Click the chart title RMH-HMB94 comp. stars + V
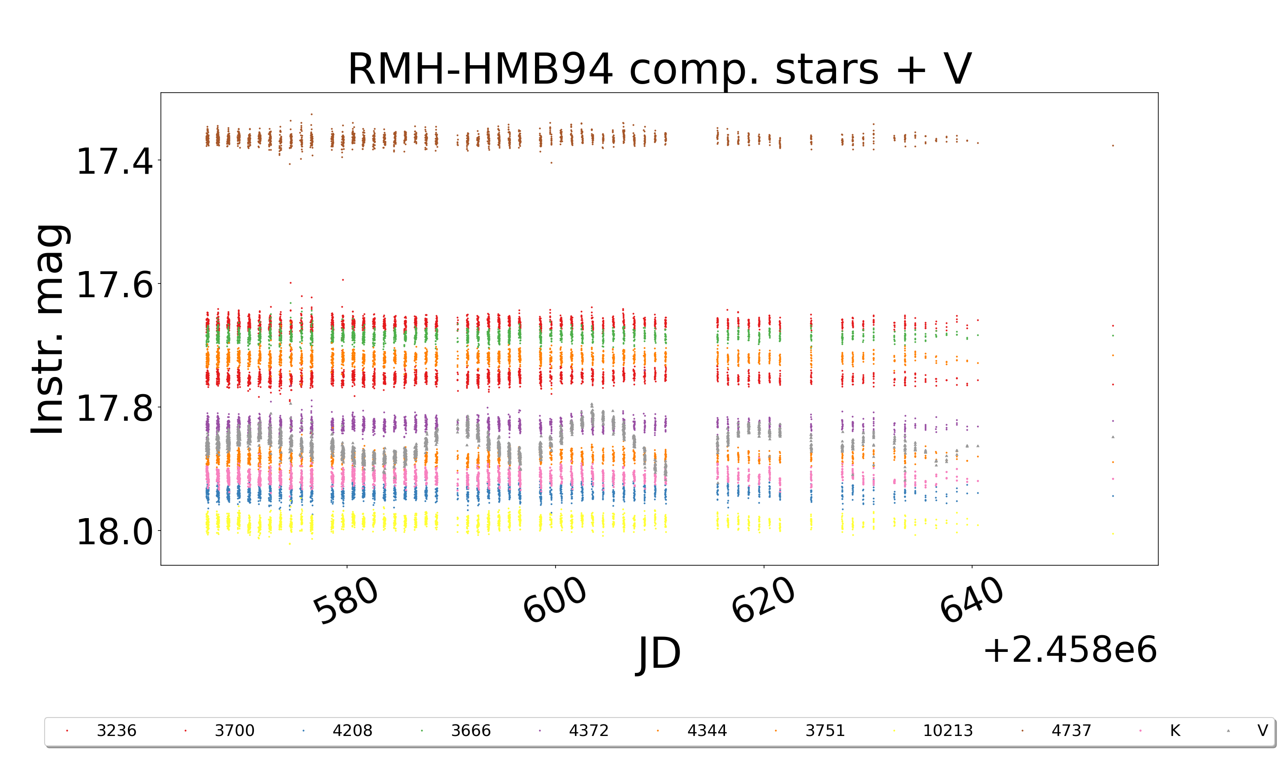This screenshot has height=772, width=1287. (x=659, y=69)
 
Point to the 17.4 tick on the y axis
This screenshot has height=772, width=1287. (x=115, y=161)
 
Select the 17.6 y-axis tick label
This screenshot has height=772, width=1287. (x=115, y=284)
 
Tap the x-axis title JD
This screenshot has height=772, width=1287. (x=659, y=653)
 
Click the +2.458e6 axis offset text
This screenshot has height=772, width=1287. (x=1069, y=650)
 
